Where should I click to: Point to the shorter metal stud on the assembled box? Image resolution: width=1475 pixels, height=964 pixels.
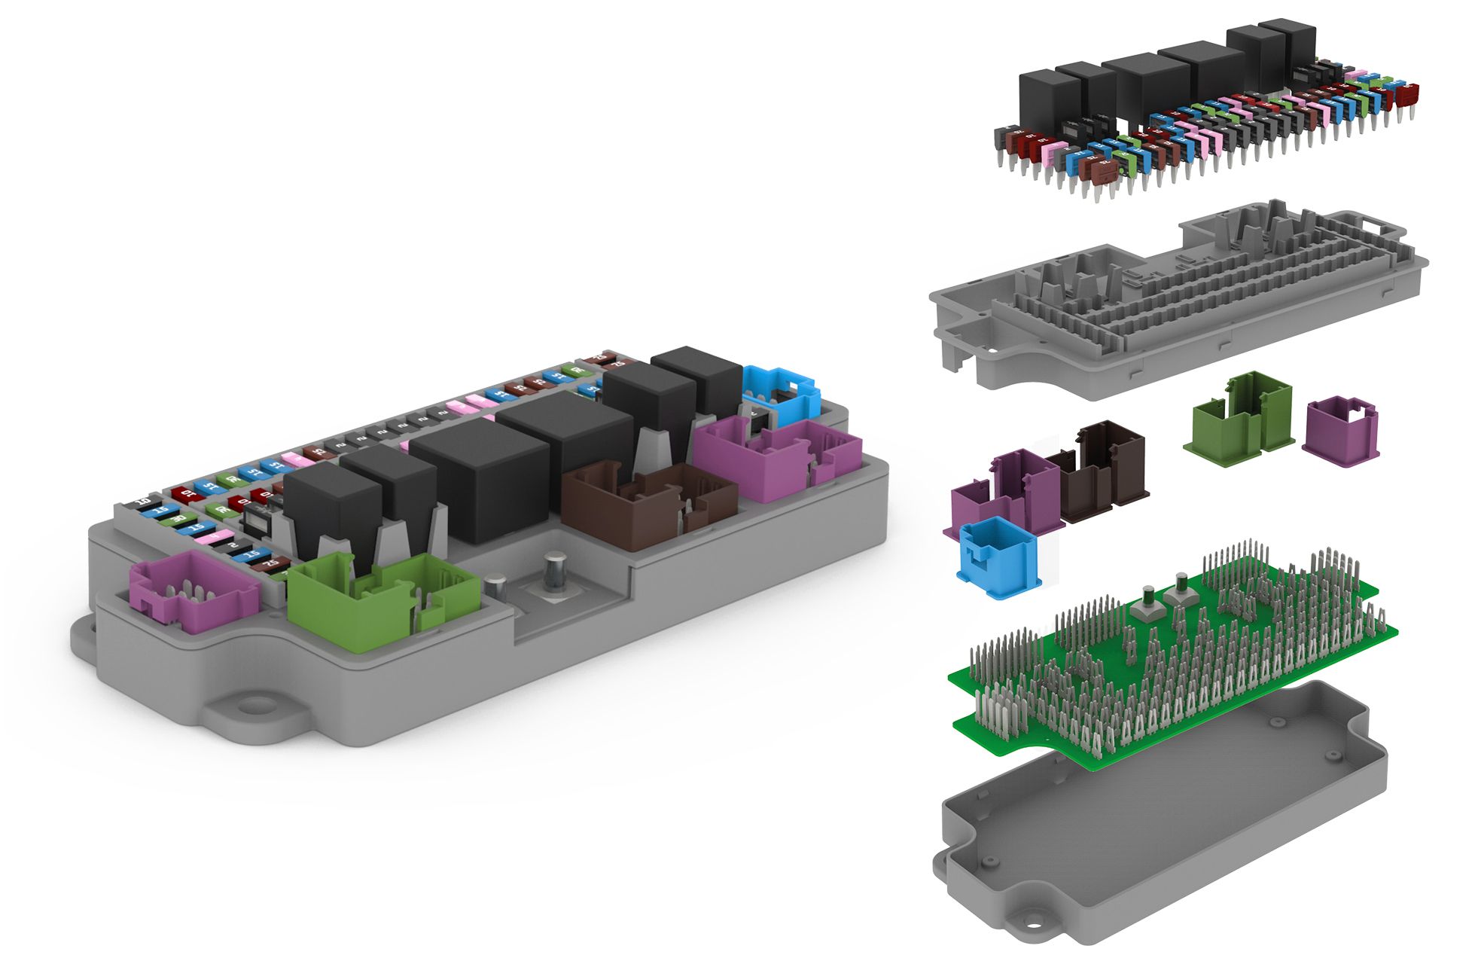pos(495,587)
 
